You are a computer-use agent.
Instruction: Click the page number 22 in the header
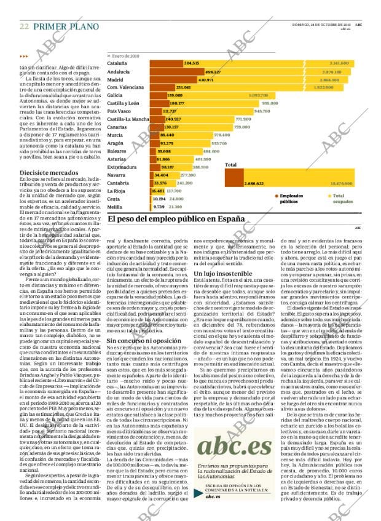pos(24,26)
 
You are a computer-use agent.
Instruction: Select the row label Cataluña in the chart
pos(117,63)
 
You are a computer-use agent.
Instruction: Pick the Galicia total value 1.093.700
pos(258,96)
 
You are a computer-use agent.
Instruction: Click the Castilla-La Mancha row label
pos(128,119)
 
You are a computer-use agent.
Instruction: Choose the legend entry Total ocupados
pos(342,198)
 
